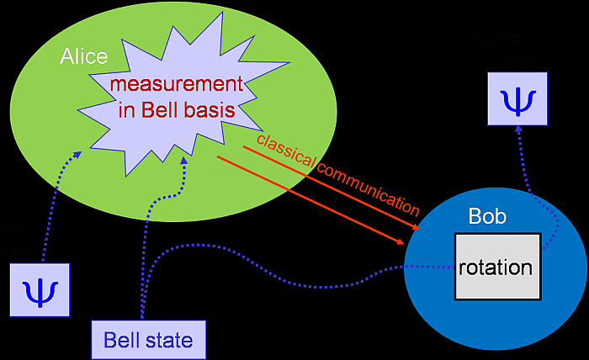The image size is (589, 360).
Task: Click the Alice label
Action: tap(84, 56)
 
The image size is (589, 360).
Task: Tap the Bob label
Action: tap(487, 217)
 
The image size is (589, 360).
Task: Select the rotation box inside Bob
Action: tap(496, 267)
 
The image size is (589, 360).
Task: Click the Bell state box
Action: tap(148, 340)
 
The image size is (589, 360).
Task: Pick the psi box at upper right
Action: tap(517, 99)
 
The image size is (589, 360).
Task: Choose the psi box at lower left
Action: tap(40, 289)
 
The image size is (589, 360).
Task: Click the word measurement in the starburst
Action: tap(177, 85)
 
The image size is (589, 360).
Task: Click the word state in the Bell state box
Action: tap(172, 341)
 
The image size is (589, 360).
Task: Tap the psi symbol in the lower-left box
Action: tap(40, 290)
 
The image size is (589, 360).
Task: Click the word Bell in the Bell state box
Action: tap(122, 341)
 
